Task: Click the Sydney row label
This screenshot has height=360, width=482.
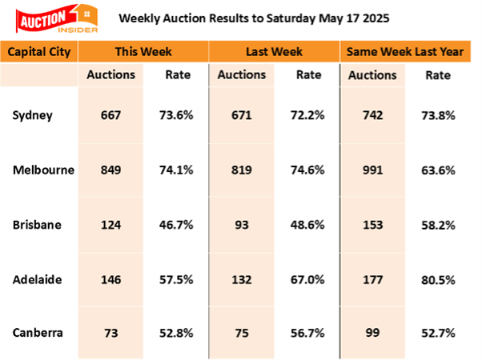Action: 32,114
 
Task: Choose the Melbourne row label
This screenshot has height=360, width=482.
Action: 43,170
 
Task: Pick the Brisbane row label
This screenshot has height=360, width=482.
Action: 36,224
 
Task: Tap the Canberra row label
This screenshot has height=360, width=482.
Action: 38,333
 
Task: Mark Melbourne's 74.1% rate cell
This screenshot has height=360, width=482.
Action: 176,170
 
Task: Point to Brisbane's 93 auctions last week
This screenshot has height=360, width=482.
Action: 241,224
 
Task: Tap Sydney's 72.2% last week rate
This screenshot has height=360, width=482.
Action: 307,114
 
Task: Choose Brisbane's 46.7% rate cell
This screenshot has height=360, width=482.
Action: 176,224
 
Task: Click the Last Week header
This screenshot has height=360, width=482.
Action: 274,53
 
